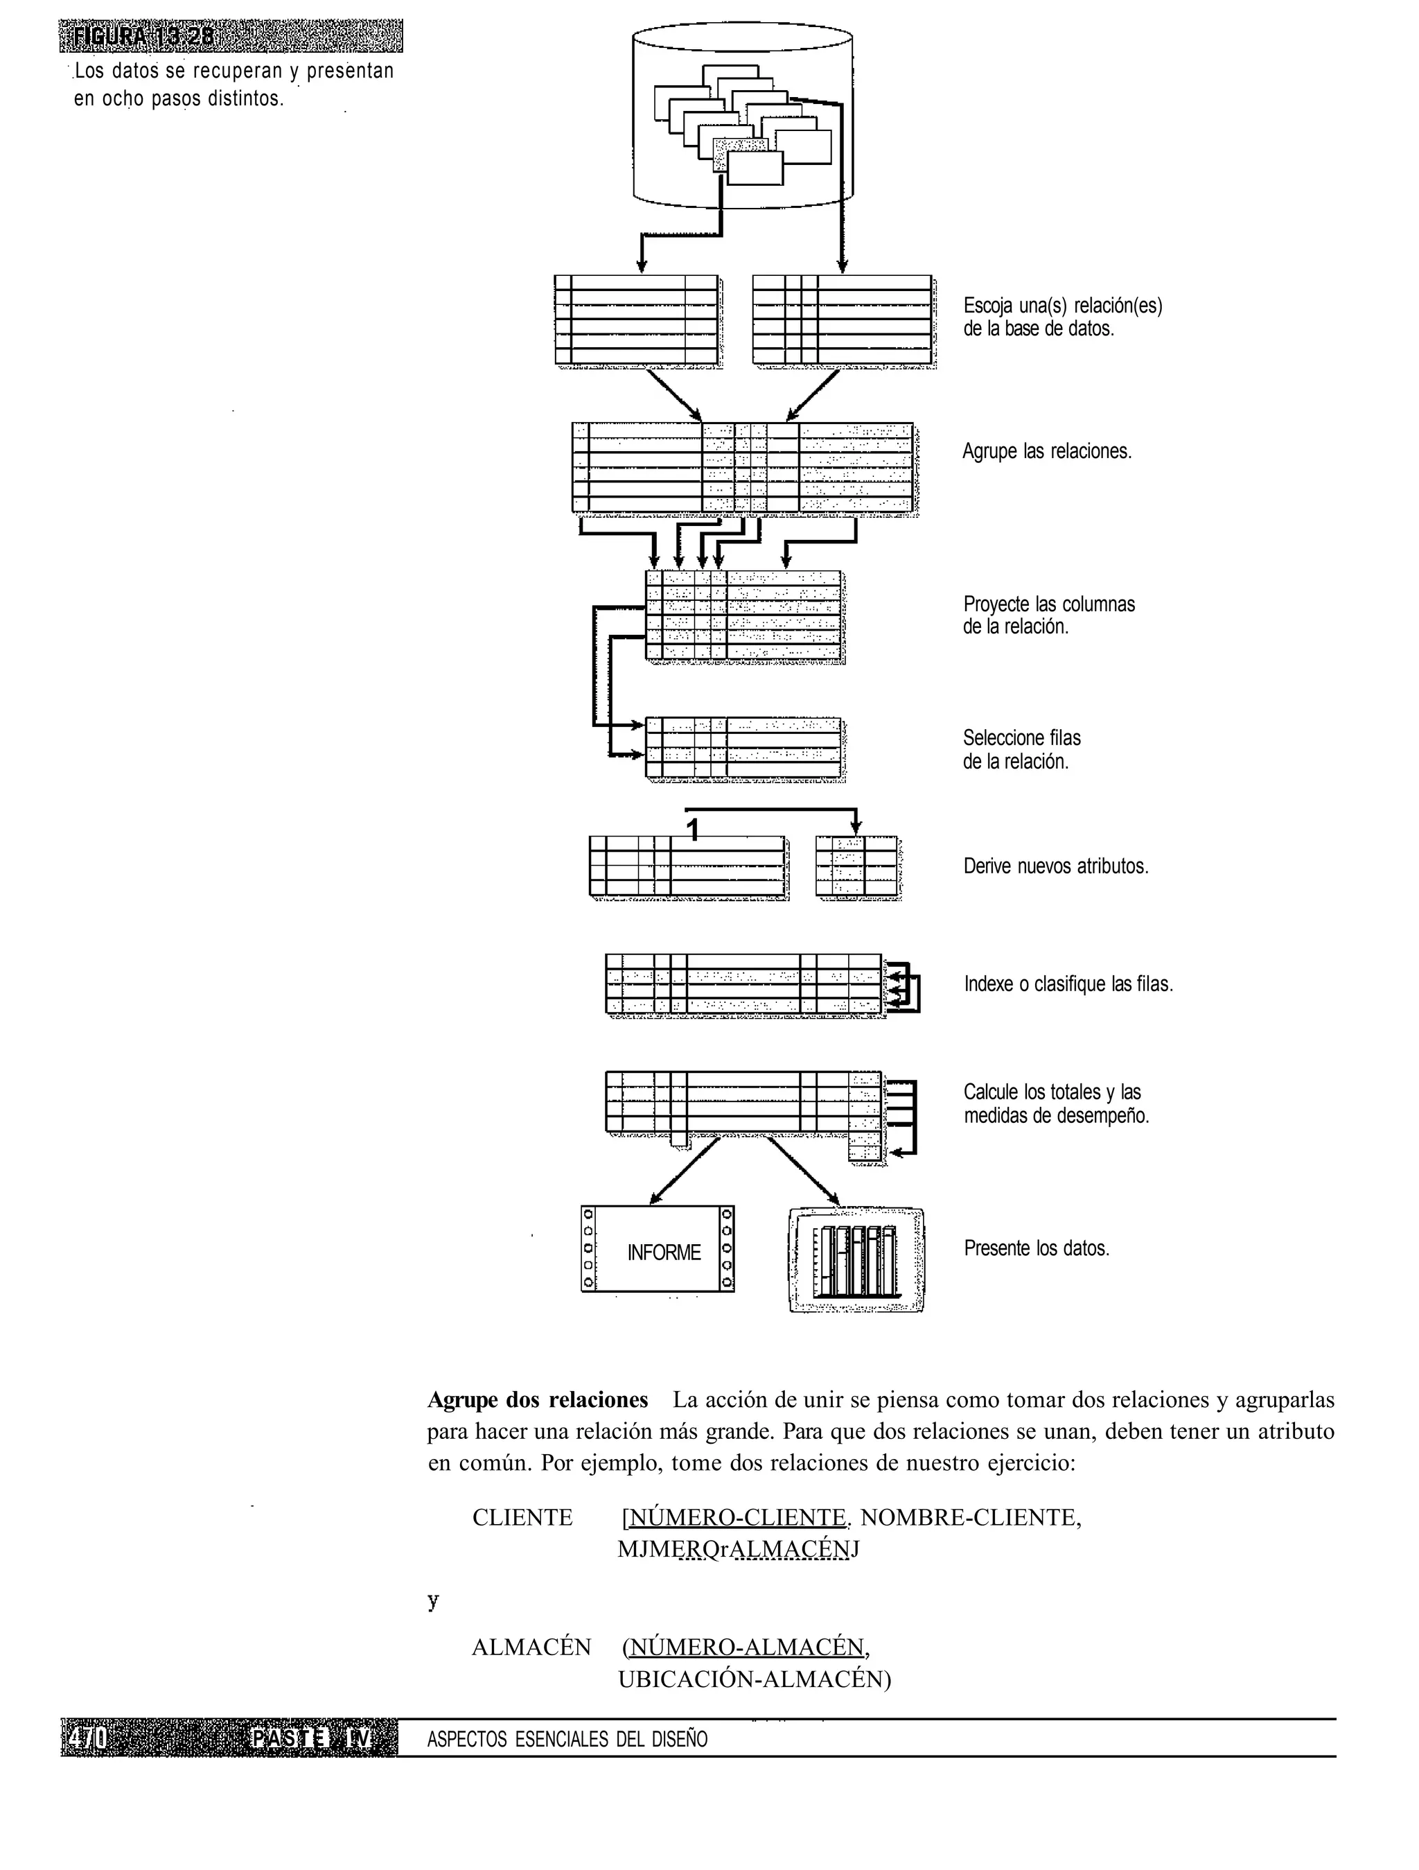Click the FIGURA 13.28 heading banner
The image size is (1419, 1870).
point(230,36)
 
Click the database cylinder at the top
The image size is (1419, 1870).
point(742,116)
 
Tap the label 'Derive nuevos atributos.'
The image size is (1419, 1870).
point(1055,866)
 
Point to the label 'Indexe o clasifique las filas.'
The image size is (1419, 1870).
point(1068,984)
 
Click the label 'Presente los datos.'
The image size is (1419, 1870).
point(1036,1249)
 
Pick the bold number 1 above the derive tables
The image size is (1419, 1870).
point(692,830)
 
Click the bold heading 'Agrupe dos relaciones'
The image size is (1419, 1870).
point(538,1400)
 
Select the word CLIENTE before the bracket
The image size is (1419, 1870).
point(522,1517)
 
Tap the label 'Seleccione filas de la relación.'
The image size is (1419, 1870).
point(1022,750)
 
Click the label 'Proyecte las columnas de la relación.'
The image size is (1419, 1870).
point(1049,615)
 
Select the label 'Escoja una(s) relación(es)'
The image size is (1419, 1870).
point(1062,306)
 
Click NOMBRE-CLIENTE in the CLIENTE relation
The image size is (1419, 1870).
point(970,1517)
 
